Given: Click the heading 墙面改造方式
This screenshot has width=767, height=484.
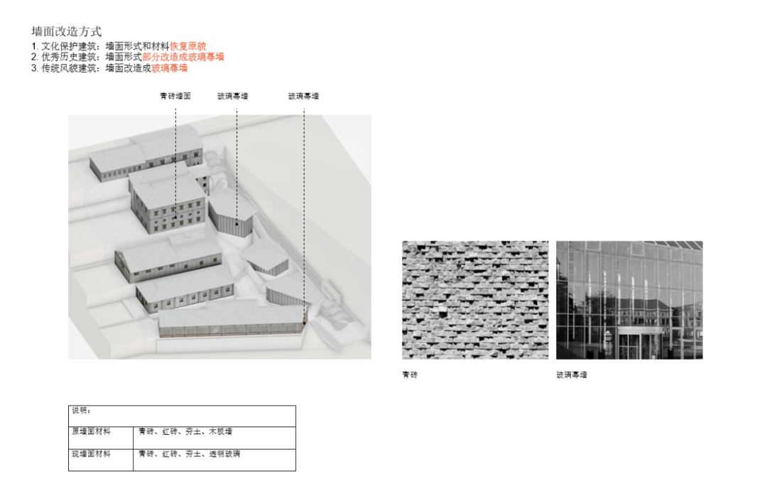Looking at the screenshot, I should (67, 32).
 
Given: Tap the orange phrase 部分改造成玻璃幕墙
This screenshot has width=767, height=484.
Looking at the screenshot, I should (183, 57).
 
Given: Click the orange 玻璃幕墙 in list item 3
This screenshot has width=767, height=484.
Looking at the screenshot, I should (170, 68).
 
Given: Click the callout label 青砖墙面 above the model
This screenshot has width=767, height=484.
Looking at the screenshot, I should (175, 96).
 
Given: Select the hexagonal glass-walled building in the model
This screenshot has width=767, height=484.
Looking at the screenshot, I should (232, 213).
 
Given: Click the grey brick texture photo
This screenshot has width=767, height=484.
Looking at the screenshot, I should (475, 300).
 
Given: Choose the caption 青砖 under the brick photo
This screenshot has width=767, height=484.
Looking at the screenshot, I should (410, 375).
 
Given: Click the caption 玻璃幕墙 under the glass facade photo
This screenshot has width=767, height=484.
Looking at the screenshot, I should (572, 375).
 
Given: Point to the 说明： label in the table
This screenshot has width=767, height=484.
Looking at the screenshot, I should (81, 411).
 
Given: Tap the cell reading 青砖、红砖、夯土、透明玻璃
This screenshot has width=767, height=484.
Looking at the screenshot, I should (189, 453).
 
